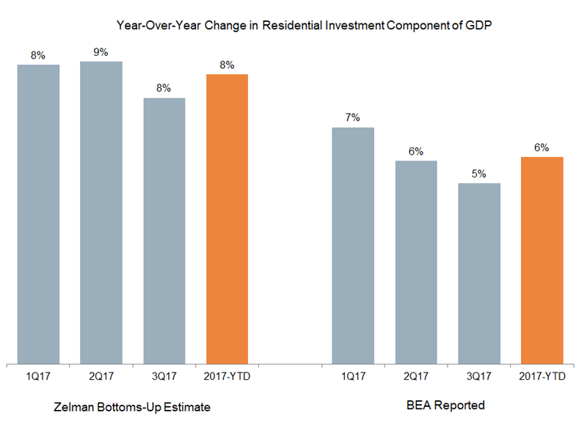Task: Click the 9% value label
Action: [x=101, y=52]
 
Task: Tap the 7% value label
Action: [x=353, y=118]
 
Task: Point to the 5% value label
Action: [x=479, y=174]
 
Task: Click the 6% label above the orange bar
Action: [x=542, y=147]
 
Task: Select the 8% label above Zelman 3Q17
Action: [x=164, y=88]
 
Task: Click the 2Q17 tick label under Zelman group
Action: [x=101, y=376]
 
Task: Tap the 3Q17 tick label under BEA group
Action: [x=479, y=376]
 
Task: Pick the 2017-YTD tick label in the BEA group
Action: [x=542, y=376]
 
